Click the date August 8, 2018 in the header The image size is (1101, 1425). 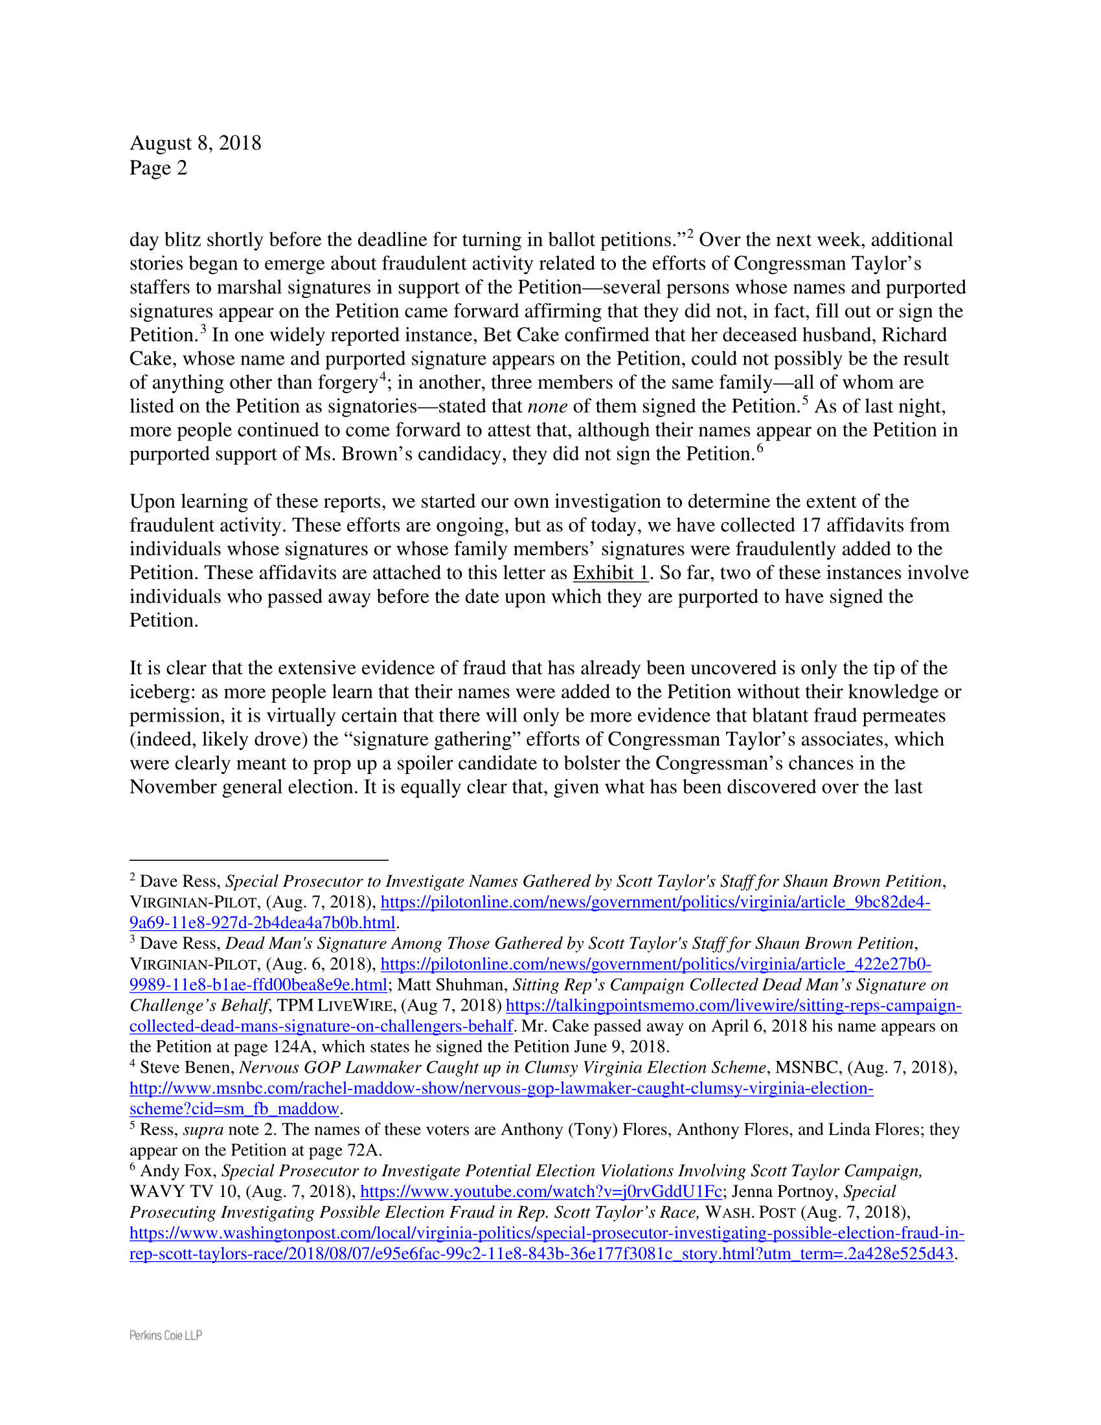coord(195,143)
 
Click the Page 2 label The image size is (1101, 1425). coord(158,168)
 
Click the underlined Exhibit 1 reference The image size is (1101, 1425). coord(611,573)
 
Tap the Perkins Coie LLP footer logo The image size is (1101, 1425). coord(166,1335)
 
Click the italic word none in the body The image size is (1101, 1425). coord(547,407)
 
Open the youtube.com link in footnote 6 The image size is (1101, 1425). coord(541,1191)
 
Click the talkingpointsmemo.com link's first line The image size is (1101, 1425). coord(733,1005)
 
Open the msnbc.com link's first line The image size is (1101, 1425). coord(501,1088)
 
